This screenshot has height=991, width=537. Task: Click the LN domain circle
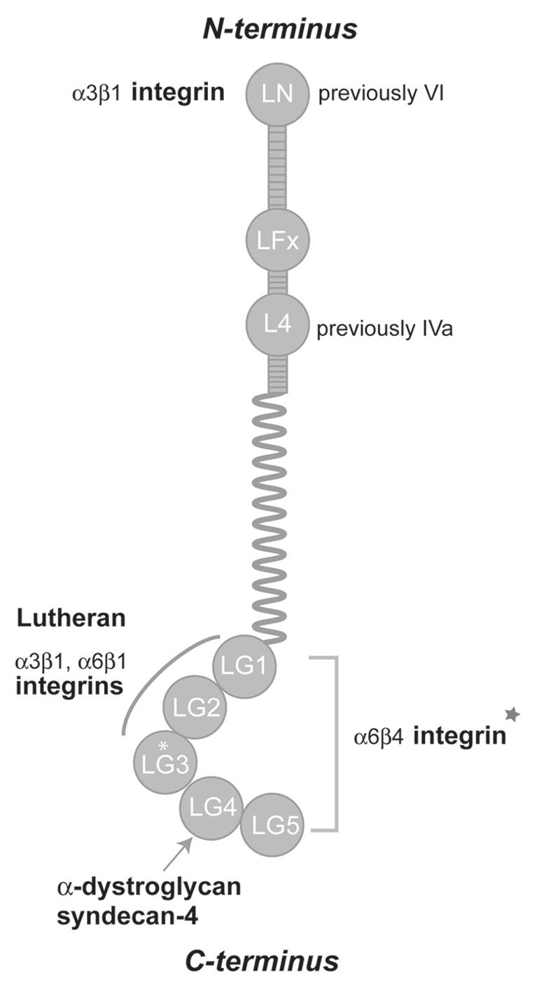(x=277, y=94)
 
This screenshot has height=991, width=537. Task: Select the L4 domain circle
(x=277, y=325)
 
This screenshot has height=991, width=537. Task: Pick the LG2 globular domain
(x=194, y=708)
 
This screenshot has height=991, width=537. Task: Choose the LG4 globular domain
(x=211, y=808)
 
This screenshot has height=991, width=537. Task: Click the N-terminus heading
(x=280, y=29)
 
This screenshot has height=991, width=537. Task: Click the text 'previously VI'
(x=381, y=94)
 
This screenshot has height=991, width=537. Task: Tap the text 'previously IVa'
(x=384, y=328)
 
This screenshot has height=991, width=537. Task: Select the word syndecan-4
(x=126, y=915)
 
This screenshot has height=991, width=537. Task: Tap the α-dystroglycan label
(x=148, y=888)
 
